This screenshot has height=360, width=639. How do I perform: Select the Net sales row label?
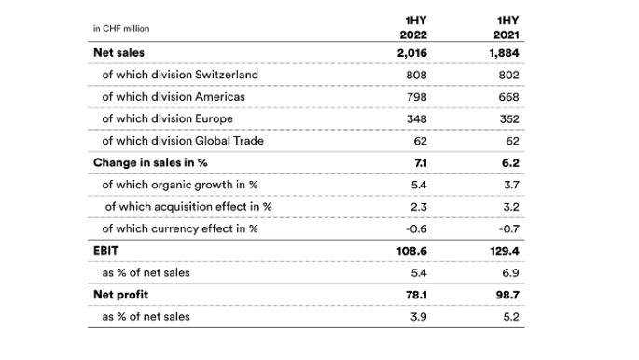coord(118,52)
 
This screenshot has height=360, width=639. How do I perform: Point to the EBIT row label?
coord(106,251)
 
